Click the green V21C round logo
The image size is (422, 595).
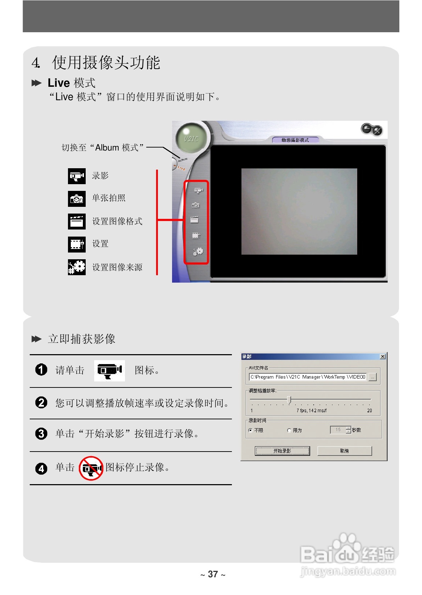click(191, 138)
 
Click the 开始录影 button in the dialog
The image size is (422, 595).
click(282, 451)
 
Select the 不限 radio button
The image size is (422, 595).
click(251, 430)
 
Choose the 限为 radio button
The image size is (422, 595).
click(289, 430)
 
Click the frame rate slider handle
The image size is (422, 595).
click(290, 400)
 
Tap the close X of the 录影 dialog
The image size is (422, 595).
click(382, 357)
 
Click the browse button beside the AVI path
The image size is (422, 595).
click(372, 378)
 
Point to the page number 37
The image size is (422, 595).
click(213, 574)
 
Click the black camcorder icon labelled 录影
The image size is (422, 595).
click(77, 176)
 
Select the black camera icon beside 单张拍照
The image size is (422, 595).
click(77, 199)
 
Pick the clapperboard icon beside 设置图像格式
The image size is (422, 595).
click(77, 221)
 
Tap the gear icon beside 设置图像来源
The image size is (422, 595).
click(77, 267)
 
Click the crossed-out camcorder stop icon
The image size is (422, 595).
click(91, 468)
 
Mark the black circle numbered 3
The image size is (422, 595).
click(41, 433)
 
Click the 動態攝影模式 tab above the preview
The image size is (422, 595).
click(295, 140)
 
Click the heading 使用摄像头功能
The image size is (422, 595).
click(106, 63)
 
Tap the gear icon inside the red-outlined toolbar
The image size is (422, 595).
click(198, 251)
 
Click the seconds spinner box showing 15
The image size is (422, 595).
click(338, 430)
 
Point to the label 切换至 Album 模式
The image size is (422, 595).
click(103, 148)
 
